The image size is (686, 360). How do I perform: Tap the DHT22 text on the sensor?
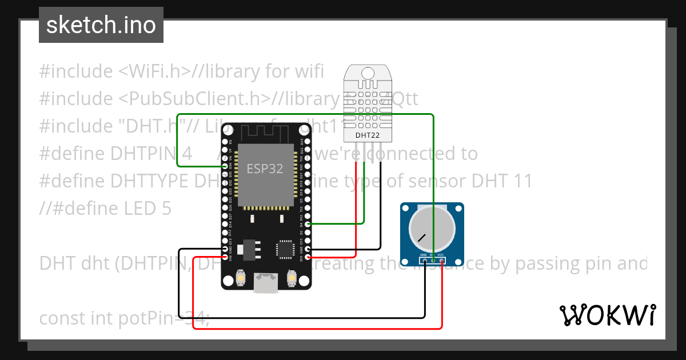click(x=368, y=135)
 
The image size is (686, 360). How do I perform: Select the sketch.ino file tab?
click(x=101, y=25)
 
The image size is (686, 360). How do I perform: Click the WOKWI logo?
click(x=607, y=315)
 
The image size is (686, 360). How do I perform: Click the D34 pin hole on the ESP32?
click(x=225, y=167)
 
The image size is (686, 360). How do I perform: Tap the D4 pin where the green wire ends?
click(x=308, y=225)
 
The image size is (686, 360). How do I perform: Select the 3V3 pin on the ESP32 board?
click(x=308, y=258)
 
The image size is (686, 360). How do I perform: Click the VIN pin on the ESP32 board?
click(x=225, y=258)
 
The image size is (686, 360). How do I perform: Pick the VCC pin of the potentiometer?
click(x=441, y=260)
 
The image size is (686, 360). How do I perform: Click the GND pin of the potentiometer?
click(x=424, y=260)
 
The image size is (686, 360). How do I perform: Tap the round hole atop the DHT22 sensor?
click(x=368, y=73)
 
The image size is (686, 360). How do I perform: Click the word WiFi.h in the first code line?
click(x=154, y=71)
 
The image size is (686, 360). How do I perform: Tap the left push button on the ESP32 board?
click(x=240, y=278)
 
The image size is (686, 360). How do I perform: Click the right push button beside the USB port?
click(x=292, y=278)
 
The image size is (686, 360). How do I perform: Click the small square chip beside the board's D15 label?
click(x=285, y=249)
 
